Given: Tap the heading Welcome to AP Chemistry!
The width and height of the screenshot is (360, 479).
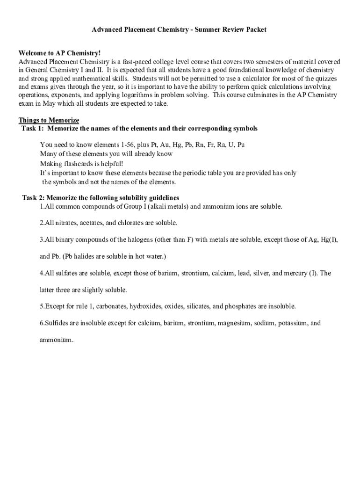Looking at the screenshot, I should coord(59,53).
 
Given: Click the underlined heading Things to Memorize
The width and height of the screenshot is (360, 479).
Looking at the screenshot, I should coord(49,120).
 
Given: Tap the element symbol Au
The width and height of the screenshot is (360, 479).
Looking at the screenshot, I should coord(166,145).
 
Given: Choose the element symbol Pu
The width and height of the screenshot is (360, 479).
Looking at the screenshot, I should coord(241,145).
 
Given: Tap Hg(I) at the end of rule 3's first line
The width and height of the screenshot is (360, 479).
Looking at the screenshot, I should coord(328,239).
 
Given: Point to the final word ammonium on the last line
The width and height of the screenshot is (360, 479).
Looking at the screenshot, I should coord(56,340).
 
